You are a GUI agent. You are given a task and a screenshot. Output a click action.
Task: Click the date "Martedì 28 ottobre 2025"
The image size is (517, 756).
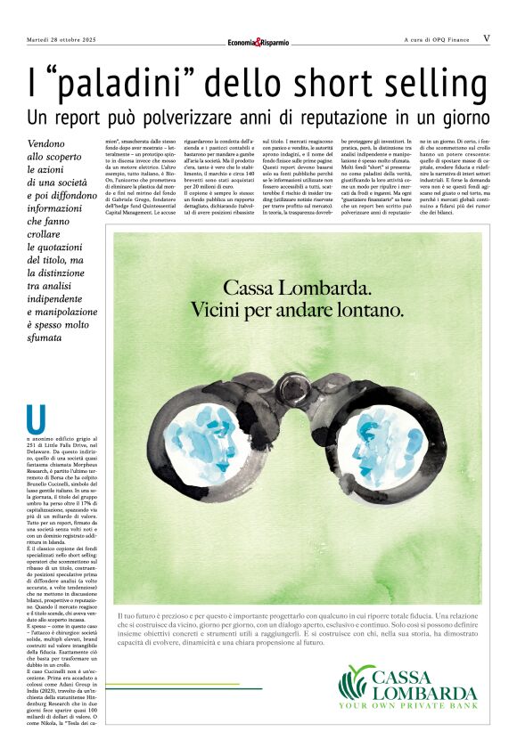pyautogui.click(x=66, y=39)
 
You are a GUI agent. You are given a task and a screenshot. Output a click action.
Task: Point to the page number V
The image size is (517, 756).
pyautogui.click(x=486, y=38)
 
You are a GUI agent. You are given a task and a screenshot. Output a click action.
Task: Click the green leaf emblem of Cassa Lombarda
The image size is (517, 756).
pyautogui.click(x=357, y=683)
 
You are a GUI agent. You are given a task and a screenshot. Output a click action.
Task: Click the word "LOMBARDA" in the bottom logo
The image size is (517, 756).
pyautogui.click(x=425, y=693)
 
